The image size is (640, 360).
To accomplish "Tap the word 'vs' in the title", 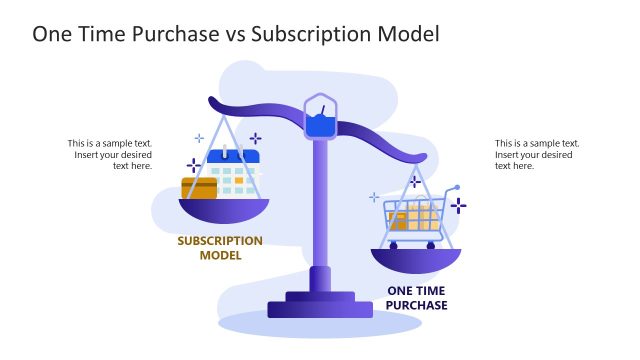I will click(234, 33).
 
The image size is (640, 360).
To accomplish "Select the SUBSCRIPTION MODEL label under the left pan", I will click(220, 248).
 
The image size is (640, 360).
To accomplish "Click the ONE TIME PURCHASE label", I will click(417, 298).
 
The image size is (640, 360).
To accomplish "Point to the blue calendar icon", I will click(232, 171).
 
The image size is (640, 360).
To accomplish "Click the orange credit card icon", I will click(199, 187).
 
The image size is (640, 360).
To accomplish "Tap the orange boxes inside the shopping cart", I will click(413, 220).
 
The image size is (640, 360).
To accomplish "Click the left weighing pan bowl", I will click(224, 209).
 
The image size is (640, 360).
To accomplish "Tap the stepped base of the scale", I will click(320, 302).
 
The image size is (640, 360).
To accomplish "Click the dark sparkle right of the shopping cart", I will click(458, 205).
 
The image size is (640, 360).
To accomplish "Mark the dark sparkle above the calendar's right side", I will click(256, 139).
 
